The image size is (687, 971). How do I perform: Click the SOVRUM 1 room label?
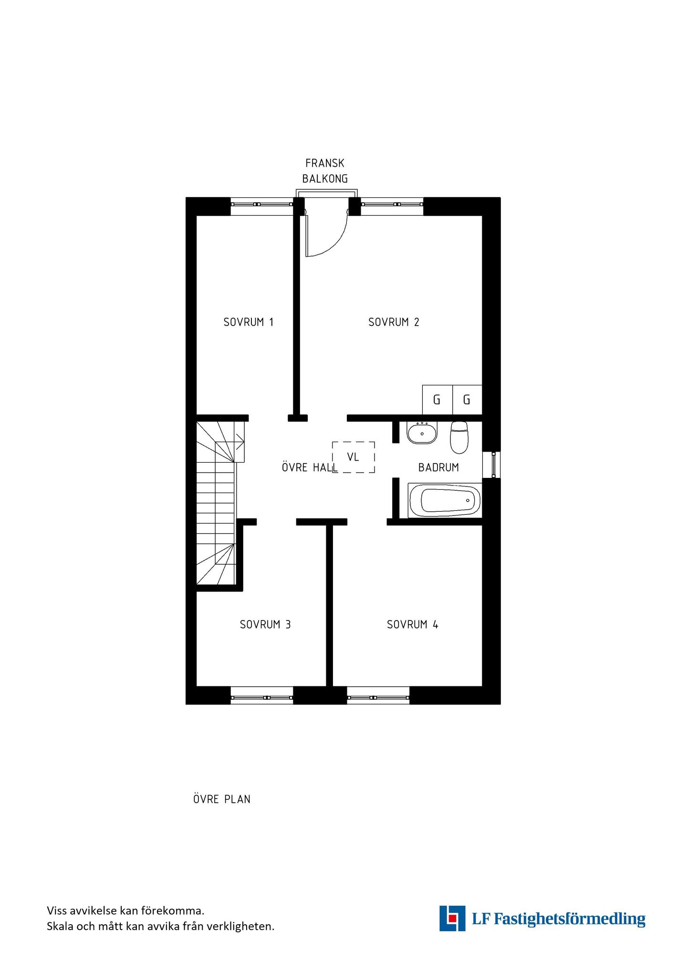249,322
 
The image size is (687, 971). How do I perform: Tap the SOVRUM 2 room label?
394,322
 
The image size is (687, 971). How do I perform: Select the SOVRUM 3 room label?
265,625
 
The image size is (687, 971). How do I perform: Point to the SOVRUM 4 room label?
412,625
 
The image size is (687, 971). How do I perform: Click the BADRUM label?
438,467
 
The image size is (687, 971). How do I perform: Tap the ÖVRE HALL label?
310,467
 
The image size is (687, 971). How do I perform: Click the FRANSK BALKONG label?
325,171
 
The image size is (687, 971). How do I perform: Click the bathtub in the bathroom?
445,500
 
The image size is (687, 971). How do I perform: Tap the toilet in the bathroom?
459,437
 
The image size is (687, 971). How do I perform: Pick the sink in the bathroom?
422,433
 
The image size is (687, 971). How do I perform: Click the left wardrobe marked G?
437,400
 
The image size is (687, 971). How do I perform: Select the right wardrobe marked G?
467,400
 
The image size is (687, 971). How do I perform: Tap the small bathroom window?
492,465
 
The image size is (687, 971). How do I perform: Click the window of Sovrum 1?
261,204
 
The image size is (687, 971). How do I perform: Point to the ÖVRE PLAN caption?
222,799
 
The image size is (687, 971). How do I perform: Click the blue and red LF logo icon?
452,919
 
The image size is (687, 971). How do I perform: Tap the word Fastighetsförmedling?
569,919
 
